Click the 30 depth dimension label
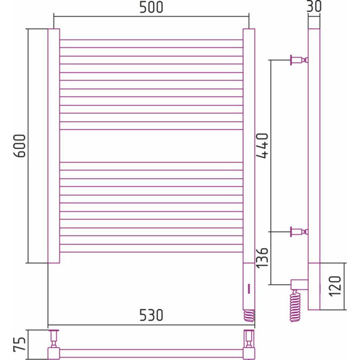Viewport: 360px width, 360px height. tap(313, 7)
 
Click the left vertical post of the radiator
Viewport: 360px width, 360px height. tap(54, 145)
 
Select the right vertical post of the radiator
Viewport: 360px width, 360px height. tap(248, 145)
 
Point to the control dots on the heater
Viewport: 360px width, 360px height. tap(248, 288)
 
